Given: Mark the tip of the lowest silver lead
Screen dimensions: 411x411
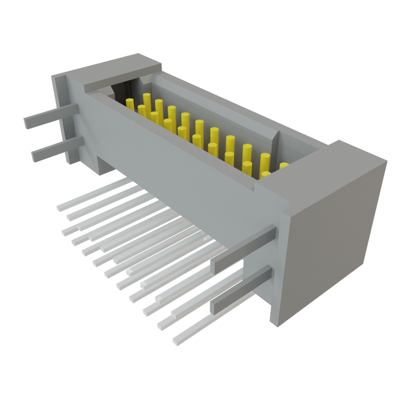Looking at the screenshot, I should pyautogui.click(x=175, y=342).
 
